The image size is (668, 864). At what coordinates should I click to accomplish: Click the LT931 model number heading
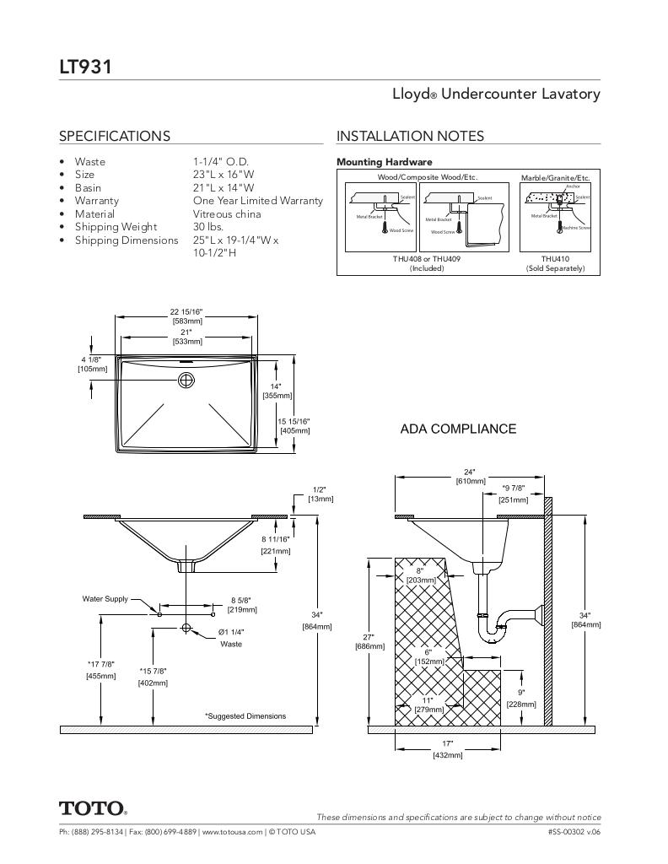85,66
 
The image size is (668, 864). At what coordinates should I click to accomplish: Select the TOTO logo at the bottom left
93,808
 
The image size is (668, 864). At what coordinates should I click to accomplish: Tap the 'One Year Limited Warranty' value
257,201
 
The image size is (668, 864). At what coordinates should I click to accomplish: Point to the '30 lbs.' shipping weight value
207,227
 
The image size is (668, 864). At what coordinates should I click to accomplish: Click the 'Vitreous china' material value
227,214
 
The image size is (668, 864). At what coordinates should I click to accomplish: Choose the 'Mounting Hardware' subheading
384,162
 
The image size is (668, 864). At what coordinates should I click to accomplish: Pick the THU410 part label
555,259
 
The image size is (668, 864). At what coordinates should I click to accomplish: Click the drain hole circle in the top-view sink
186,381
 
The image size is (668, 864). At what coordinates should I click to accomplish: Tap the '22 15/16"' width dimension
186,312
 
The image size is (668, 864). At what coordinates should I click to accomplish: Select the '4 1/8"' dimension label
92,360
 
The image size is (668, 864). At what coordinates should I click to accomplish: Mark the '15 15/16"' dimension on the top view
294,422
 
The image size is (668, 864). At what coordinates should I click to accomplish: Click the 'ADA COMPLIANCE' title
458,429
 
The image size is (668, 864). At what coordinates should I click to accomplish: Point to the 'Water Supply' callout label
105,599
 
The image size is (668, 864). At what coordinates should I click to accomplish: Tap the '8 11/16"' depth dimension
275,539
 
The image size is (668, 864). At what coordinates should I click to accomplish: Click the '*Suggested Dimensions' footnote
245,716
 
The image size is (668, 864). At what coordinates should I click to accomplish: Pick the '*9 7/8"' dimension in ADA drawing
514,489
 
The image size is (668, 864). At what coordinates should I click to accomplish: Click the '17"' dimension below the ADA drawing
447,743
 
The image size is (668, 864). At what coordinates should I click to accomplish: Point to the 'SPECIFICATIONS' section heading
114,136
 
